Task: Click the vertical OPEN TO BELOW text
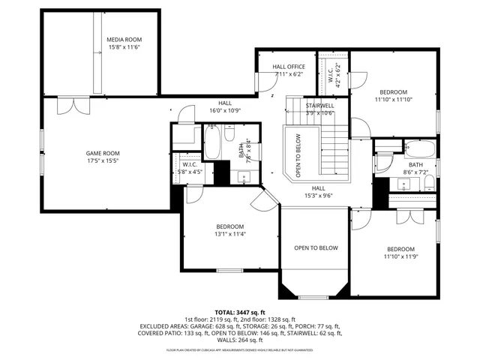298,155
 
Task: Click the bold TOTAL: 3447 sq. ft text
240,312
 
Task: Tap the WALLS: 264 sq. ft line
240,340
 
